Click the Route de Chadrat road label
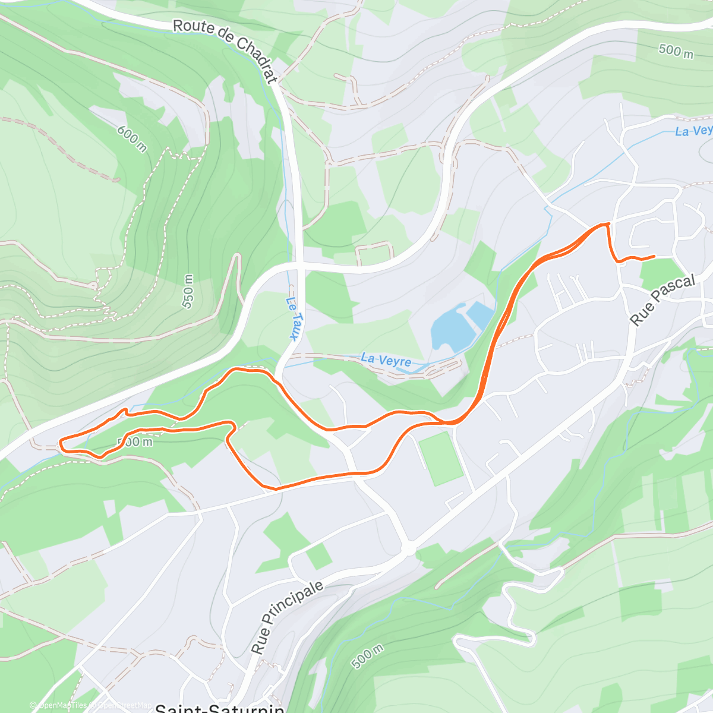[226, 51]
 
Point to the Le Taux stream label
[292, 318]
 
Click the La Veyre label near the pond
[386, 360]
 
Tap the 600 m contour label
[131, 138]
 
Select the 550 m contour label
[188, 291]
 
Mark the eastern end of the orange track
[654, 256]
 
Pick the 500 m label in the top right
[676, 51]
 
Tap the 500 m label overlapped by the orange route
[135, 441]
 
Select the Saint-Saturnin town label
[219, 708]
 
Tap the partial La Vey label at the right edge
[693, 130]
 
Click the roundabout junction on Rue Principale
[409, 550]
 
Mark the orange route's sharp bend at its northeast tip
[607, 224]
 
